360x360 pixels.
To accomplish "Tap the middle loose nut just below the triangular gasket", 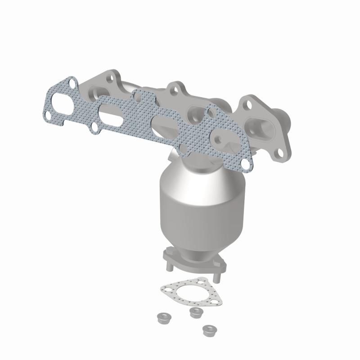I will pyautogui.click(x=195, y=313).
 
